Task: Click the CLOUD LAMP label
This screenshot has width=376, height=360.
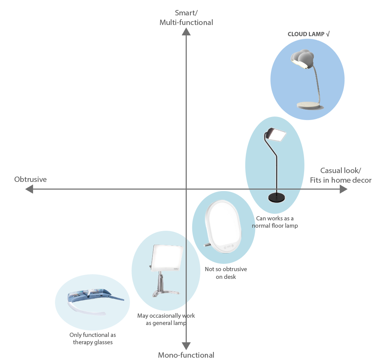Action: [309, 34]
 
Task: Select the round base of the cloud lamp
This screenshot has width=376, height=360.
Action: [309, 105]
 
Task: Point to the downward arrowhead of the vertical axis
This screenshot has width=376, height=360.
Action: [186, 346]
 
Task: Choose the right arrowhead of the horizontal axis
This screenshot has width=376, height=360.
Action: [343, 189]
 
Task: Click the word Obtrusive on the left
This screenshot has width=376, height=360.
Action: [30, 179]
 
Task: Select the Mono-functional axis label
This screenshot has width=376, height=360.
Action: [186, 355]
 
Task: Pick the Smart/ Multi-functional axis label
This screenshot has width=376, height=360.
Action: [186, 18]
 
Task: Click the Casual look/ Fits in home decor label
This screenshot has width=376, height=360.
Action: [341, 175]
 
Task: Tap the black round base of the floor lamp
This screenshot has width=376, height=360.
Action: [277, 197]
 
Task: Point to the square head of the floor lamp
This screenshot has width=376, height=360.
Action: [276, 135]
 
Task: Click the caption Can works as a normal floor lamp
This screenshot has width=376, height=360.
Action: [275, 222]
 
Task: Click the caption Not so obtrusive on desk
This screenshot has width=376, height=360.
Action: [226, 273]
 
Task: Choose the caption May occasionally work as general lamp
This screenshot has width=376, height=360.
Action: [166, 319]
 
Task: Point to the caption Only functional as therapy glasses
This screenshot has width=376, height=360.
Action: [93, 338]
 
